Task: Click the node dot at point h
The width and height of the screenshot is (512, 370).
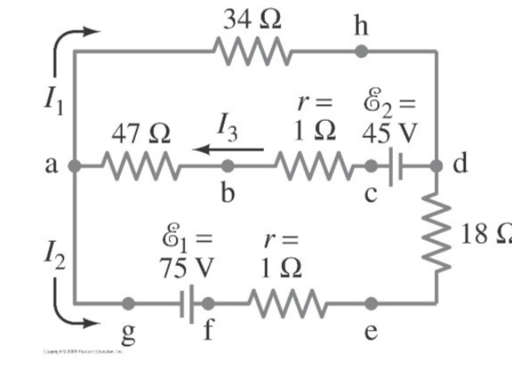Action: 361,52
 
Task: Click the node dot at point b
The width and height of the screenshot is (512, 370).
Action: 228,167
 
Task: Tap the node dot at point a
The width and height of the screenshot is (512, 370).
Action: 73,167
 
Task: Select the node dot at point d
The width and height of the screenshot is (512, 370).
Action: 436,167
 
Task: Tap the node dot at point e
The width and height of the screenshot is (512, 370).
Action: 370,304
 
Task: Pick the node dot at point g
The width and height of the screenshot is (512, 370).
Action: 128,304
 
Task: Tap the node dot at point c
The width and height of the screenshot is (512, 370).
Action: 371,167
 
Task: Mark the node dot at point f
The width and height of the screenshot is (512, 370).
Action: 208,304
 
